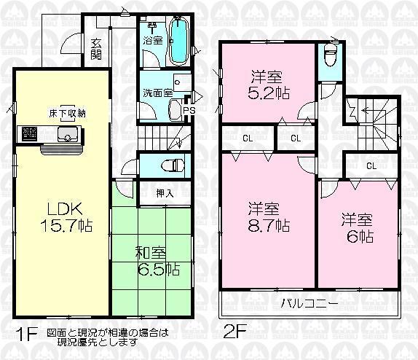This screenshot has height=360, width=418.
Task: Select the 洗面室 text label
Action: (x=157, y=93)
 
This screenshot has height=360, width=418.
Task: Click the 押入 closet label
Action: (x=165, y=193)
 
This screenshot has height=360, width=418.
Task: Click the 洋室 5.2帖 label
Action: (x=267, y=85)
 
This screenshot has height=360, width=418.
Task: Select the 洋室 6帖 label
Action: (x=357, y=228)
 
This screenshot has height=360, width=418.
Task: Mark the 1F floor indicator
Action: (x=25, y=335)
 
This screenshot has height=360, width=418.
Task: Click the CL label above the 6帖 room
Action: (x=371, y=165)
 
